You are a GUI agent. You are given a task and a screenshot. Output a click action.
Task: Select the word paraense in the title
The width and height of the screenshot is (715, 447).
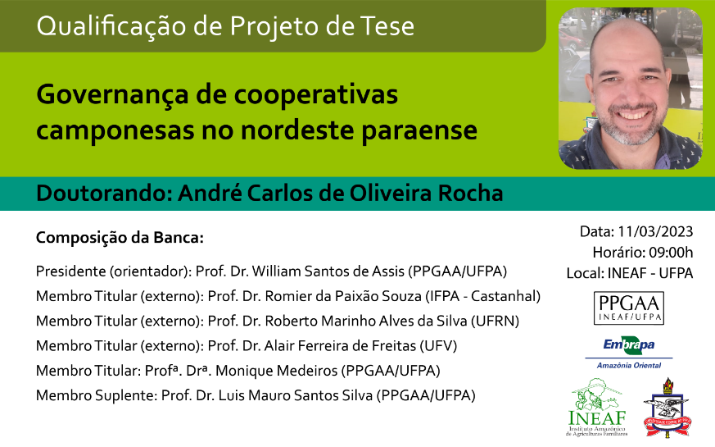419,131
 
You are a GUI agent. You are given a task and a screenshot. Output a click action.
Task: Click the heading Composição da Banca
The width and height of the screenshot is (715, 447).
120,238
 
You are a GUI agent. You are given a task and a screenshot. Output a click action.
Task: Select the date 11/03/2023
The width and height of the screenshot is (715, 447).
655,231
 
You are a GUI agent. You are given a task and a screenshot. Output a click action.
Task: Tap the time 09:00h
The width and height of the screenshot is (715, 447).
670,252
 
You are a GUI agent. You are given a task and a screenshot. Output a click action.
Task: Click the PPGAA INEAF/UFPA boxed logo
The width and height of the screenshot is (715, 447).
629,308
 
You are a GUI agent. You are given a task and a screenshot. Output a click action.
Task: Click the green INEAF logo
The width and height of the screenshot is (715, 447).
597,408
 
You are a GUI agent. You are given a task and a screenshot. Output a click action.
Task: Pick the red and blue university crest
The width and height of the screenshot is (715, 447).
667,408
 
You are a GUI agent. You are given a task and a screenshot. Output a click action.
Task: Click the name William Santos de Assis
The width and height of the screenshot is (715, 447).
328,271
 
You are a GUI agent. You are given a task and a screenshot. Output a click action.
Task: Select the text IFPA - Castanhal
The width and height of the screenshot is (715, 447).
482,296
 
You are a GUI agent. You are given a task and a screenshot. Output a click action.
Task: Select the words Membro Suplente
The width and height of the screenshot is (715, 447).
97,395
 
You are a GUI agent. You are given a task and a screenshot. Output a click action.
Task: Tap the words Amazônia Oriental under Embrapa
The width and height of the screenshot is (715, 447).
629,365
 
